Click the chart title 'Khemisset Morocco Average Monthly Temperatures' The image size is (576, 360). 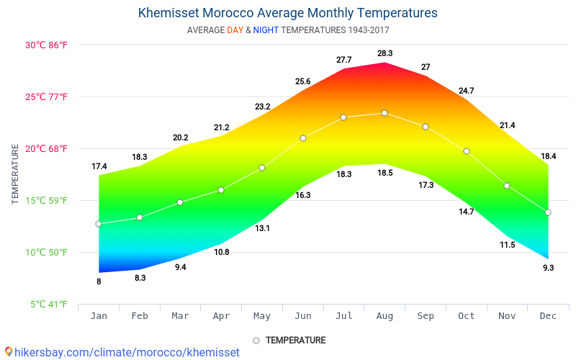click(x=287, y=13)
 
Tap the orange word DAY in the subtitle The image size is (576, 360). click(x=235, y=30)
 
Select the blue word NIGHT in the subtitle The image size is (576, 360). click(x=266, y=30)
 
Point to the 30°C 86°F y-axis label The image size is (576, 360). click(x=46, y=45)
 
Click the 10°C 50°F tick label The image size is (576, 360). click(x=46, y=253)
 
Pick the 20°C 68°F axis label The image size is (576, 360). click(x=46, y=149)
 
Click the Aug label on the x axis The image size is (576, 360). click(x=384, y=316)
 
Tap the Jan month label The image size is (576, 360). click(x=99, y=316)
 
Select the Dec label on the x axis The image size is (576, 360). click(x=548, y=316)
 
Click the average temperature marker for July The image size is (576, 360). click(x=343, y=117)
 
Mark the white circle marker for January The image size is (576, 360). click(x=99, y=224)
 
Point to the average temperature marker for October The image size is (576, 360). click(x=466, y=151)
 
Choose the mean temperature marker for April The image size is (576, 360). click(x=221, y=190)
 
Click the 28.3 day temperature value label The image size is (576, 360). click(x=385, y=53)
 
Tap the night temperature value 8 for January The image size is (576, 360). click(x=99, y=282)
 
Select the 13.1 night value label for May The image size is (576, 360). click(x=262, y=228)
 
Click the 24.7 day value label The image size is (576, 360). click(x=466, y=91)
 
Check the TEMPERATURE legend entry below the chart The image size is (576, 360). click(x=289, y=341)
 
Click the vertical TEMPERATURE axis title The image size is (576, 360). click(x=15, y=174)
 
